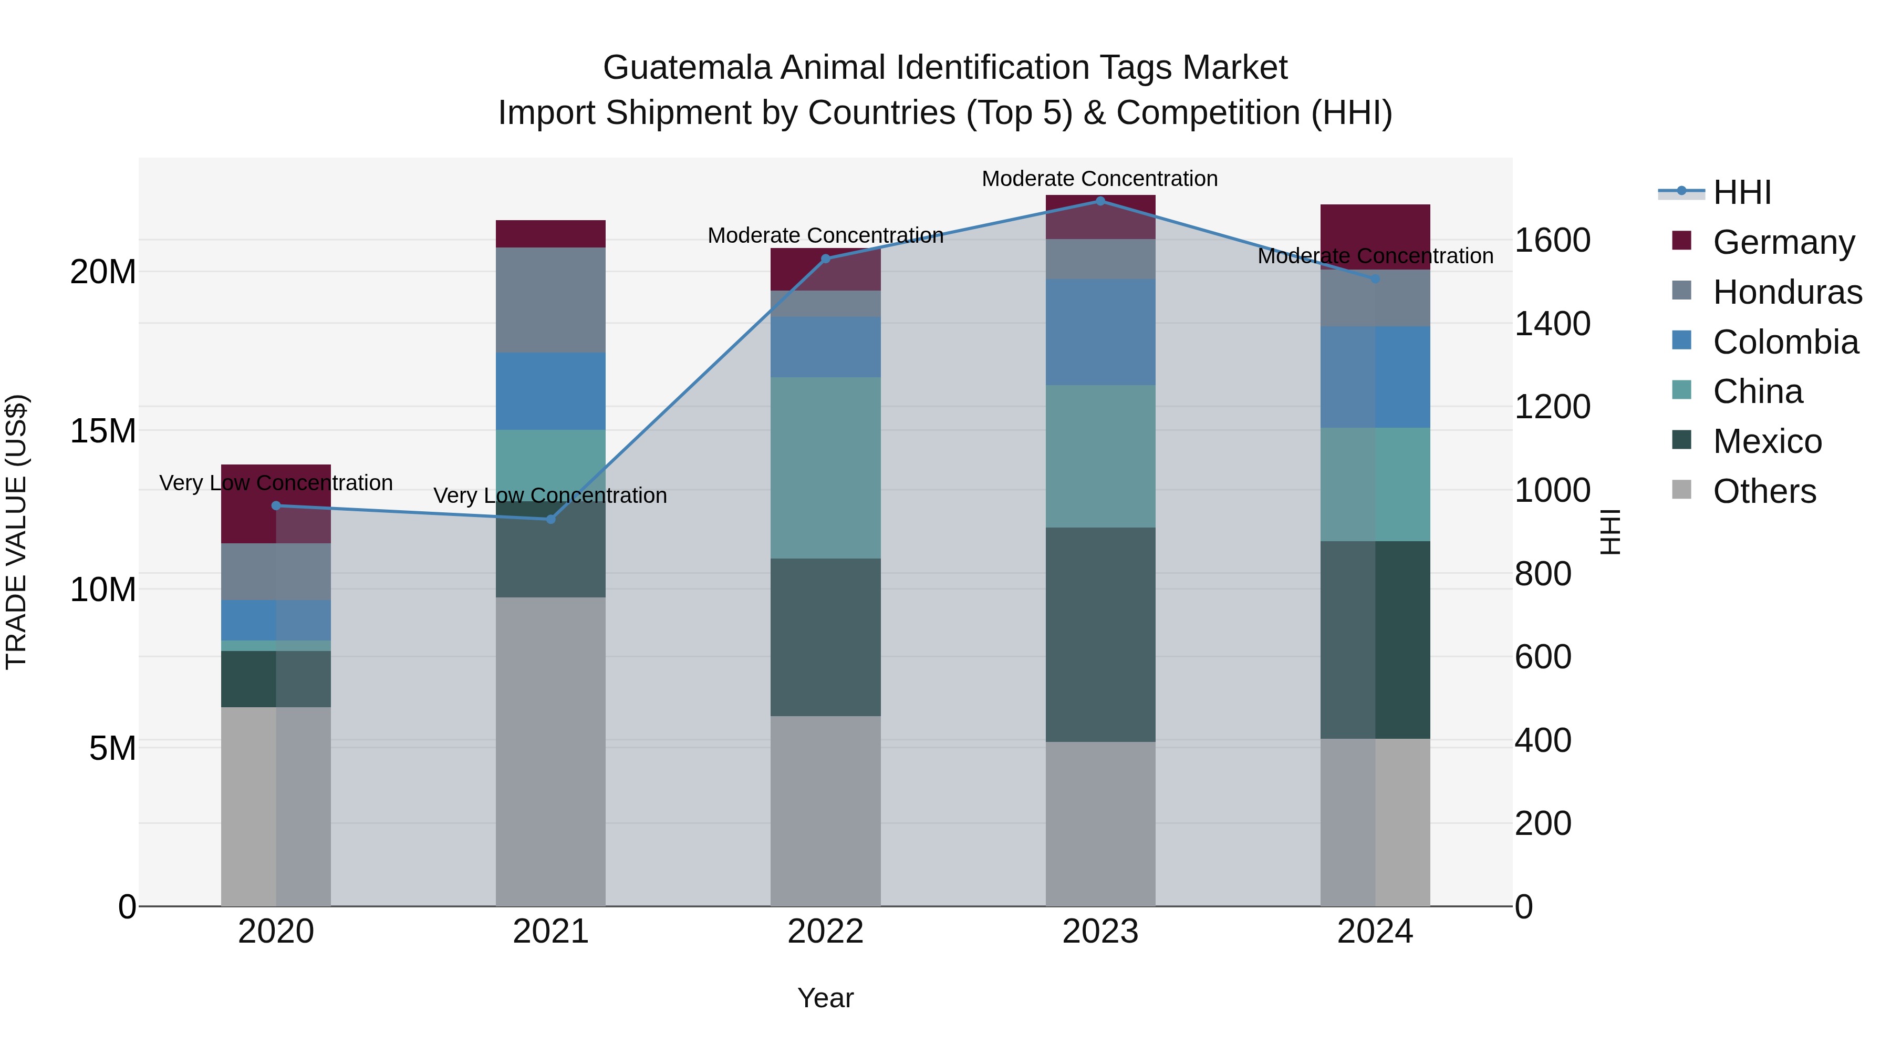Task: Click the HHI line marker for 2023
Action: pyautogui.click(x=1099, y=201)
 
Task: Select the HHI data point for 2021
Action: pyautogui.click(x=550, y=519)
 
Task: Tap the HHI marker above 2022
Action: pyautogui.click(x=825, y=259)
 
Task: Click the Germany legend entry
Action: pyautogui.click(x=1783, y=242)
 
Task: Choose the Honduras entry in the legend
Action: pyautogui.click(x=1787, y=292)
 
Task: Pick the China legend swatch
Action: pyautogui.click(x=1681, y=390)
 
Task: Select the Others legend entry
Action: pyautogui.click(x=1764, y=491)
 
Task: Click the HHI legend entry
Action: pyautogui.click(x=1741, y=192)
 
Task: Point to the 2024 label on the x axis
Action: pyautogui.click(x=1374, y=932)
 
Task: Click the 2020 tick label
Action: pyautogui.click(x=276, y=932)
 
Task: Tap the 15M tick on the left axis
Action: pyautogui.click(x=103, y=431)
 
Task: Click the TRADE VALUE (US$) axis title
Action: pyautogui.click(x=16, y=532)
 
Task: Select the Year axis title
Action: pyautogui.click(x=825, y=998)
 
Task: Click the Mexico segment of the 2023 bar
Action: pyautogui.click(x=1099, y=634)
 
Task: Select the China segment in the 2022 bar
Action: pyautogui.click(x=825, y=468)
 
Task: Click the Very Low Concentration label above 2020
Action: pyautogui.click(x=276, y=483)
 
